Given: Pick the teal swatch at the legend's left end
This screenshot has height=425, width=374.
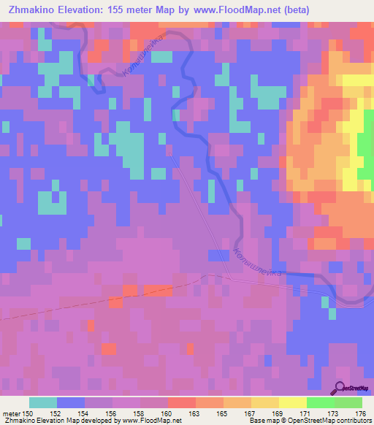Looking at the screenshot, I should click(x=43, y=402).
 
